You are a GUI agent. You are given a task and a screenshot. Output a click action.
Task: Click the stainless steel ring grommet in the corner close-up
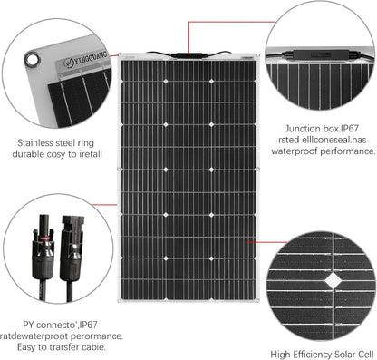click(x=34, y=60)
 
